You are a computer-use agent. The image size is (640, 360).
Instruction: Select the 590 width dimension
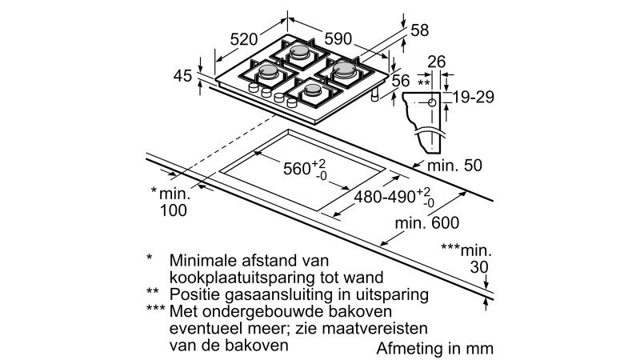click(339, 38)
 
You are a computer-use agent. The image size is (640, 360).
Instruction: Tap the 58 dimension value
click(420, 30)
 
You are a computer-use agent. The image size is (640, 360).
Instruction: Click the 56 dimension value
click(401, 80)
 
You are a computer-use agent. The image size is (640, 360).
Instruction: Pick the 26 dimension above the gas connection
click(436, 61)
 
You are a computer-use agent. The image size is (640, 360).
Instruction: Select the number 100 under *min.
click(173, 211)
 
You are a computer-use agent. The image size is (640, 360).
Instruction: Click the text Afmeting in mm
click(435, 349)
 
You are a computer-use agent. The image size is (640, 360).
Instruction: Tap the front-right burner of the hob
click(310, 91)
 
